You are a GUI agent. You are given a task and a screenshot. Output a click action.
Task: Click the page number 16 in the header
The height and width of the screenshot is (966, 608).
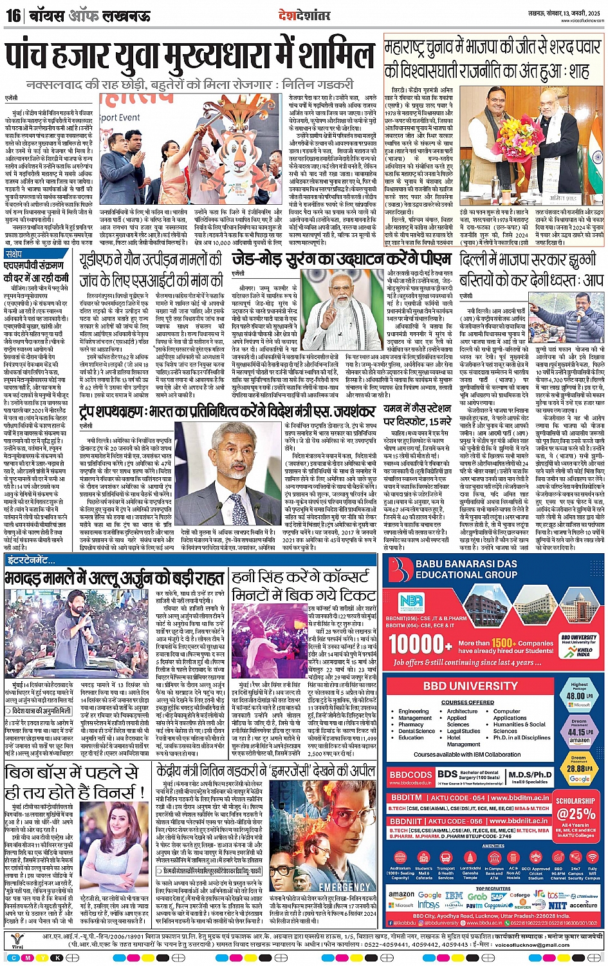[13, 15]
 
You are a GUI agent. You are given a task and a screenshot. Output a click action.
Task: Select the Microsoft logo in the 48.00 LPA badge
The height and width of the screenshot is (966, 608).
[579, 705]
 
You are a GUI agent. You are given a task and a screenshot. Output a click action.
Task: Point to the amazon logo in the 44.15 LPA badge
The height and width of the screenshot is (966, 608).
[579, 741]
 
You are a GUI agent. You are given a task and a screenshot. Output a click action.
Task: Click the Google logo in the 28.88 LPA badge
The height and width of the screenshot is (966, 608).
[579, 779]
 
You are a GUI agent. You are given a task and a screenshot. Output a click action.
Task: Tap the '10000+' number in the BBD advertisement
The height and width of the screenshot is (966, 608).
[420, 644]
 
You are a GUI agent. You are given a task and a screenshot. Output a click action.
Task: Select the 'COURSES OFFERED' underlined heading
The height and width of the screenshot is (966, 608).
[468, 703]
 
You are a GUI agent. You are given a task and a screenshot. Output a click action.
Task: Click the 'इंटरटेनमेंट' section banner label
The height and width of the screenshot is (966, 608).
[31, 561]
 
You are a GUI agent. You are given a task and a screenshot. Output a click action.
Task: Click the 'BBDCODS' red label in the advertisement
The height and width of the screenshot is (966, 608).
[410, 775]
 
